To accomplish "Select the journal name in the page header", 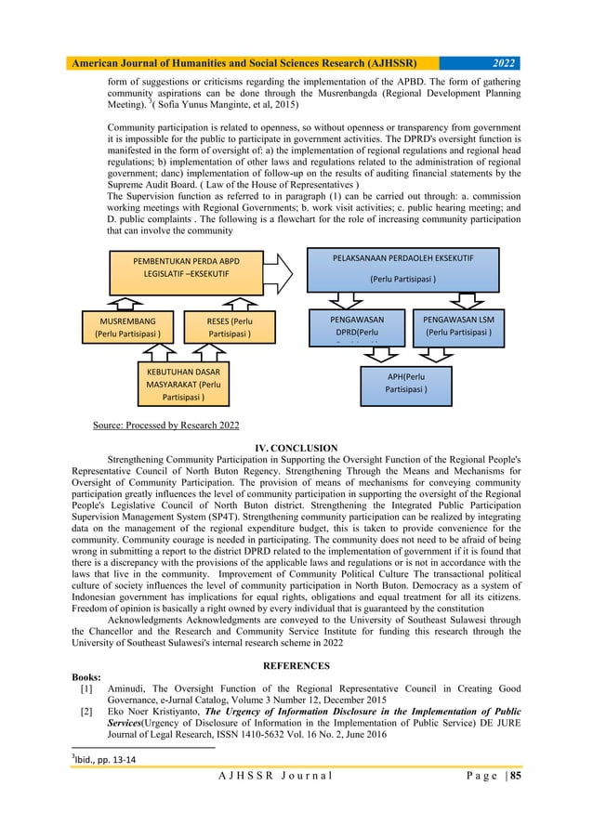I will [243, 63].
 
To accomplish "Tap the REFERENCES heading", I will [296, 665].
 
